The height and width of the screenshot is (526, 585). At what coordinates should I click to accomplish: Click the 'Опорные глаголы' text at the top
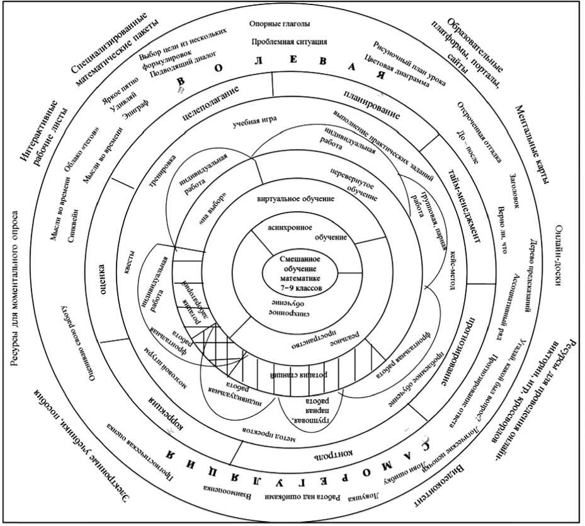[288, 25]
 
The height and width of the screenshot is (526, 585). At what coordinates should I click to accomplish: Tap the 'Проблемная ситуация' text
[288, 42]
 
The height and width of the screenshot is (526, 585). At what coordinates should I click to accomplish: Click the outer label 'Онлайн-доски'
[557, 255]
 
